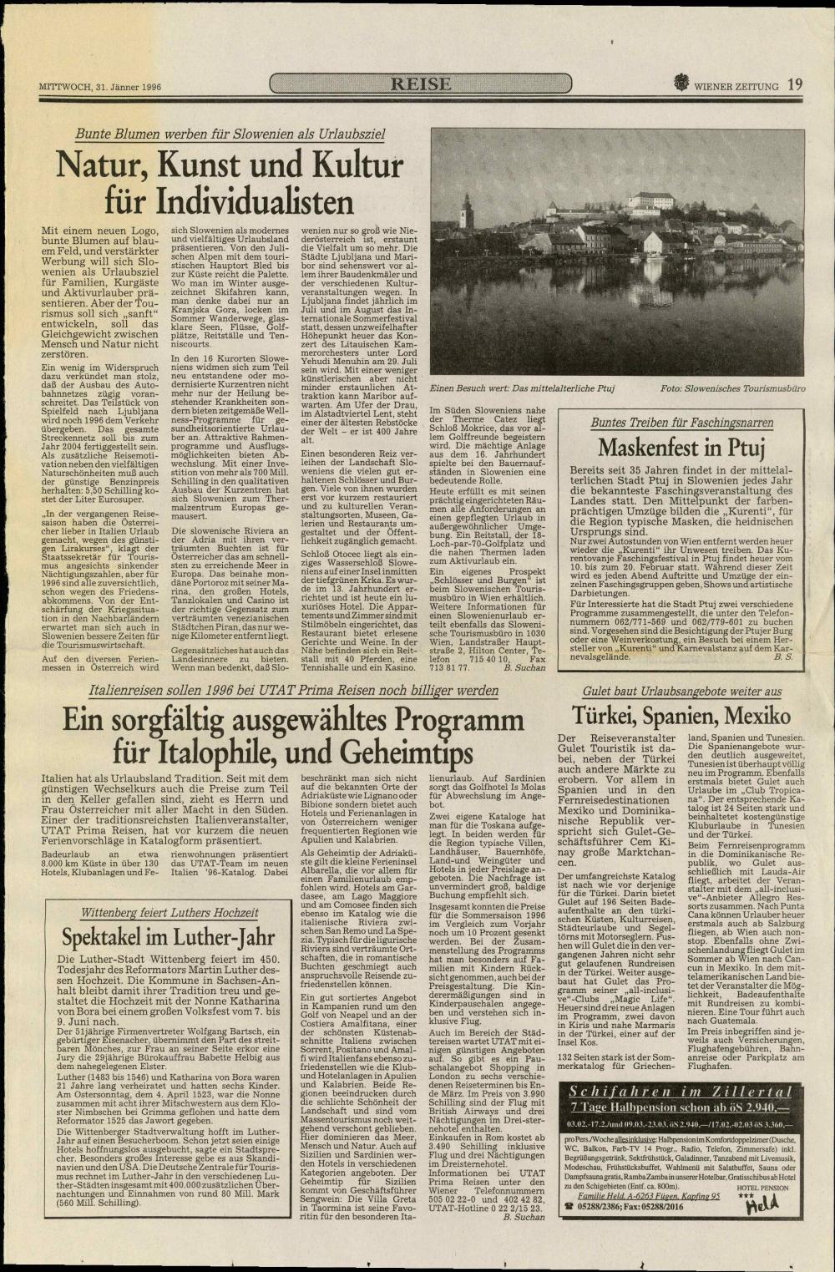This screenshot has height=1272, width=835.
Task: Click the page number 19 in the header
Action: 794,84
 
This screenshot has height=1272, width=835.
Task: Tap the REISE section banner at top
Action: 421,84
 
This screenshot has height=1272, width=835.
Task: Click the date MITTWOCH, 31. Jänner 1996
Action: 100,86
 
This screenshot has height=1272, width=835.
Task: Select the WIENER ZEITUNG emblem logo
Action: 681,84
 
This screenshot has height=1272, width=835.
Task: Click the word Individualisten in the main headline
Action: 230,202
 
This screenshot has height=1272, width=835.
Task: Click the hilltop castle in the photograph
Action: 651,200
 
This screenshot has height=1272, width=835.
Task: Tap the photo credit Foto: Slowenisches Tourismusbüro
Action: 732,388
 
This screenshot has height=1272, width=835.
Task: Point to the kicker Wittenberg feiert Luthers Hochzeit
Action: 169,912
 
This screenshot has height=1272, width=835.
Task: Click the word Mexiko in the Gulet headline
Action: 758,716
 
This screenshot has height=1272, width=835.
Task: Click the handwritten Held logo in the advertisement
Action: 761,1203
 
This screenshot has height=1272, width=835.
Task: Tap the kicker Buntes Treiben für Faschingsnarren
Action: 681,423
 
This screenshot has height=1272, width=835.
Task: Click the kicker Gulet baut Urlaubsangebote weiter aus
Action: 681,692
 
